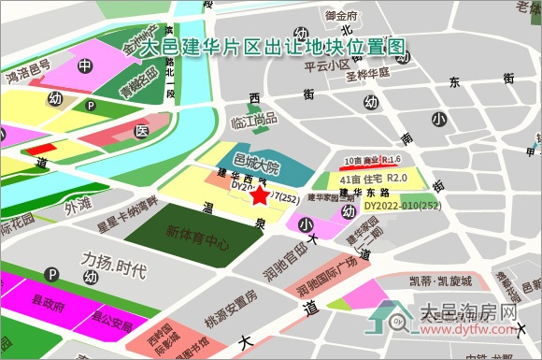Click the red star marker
click(259, 194)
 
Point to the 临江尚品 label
click(254, 119)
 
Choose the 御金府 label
click(341, 16)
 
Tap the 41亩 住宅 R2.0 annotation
click(375, 178)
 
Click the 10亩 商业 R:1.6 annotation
click(372, 159)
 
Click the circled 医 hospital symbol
click(141, 132)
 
